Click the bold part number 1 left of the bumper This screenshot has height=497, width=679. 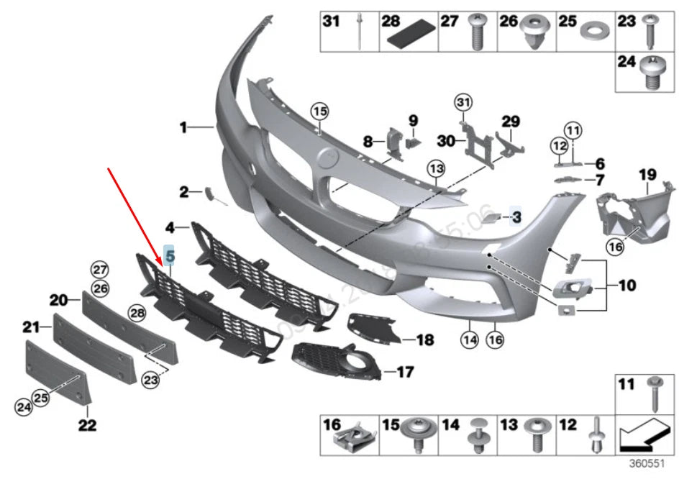(x=183, y=128)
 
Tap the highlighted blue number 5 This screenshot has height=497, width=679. (x=170, y=254)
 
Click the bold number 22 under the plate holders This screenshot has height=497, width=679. (x=87, y=425)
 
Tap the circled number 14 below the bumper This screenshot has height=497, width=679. (x=470, y=341)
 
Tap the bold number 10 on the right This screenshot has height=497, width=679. (x=626, y=286)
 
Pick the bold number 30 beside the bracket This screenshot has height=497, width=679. (x=446, y=141)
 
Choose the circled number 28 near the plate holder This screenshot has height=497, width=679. (x=137, y=312)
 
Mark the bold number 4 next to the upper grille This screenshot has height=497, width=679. (x=170, y=228)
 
